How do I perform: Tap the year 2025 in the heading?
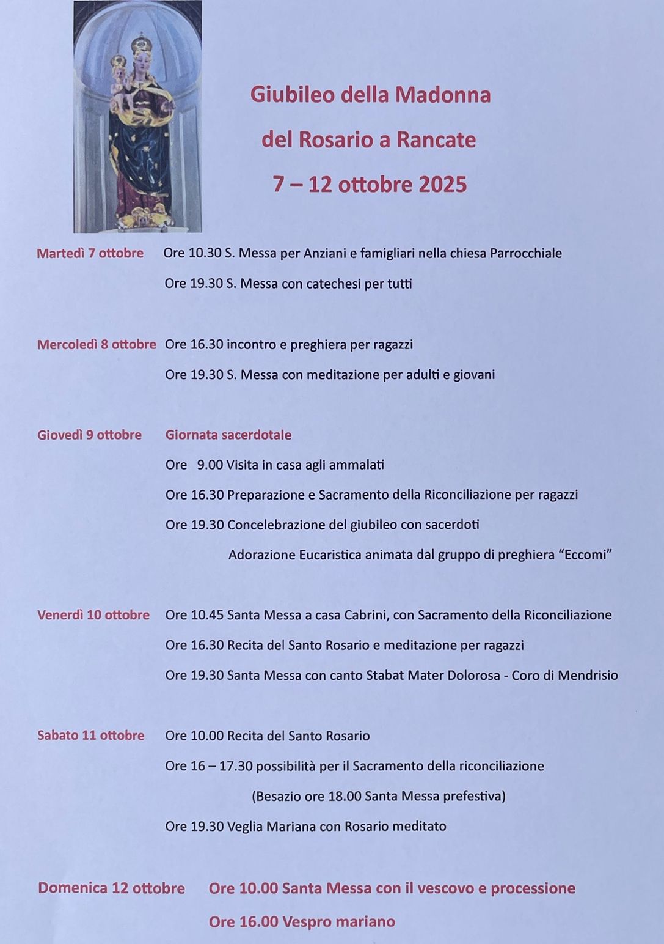443,185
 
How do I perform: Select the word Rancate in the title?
436,140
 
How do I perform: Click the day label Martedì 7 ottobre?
90,253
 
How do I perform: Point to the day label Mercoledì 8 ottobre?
97,345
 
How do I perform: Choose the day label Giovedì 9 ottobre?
89,435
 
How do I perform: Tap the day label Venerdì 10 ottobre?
93,615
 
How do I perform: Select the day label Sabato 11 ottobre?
91,736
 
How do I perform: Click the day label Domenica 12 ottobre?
111,888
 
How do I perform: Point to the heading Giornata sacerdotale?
228,435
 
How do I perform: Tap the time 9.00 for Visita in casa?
210,465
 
